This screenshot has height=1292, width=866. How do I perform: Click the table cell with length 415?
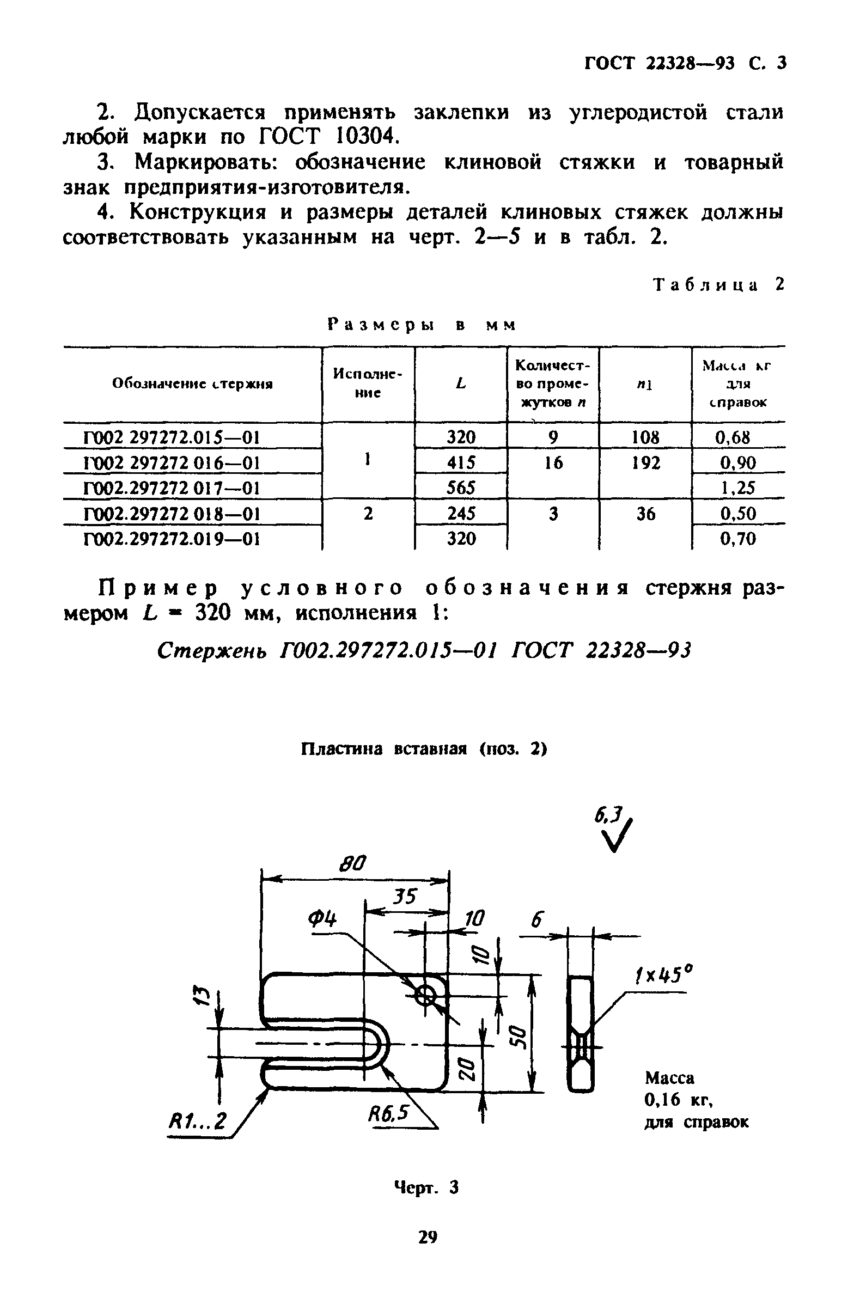point(461,462)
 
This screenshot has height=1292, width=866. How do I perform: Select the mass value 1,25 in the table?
point(738,487)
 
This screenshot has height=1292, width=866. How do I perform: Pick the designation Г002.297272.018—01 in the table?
point(171,514)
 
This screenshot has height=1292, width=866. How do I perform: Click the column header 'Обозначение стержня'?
point(192,384)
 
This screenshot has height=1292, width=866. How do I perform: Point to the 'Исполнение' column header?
point(368,383)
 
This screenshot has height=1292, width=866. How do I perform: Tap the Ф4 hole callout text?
point(322,919)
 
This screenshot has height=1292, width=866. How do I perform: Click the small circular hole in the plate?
point(425,995)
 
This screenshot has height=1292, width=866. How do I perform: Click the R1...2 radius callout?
point(197,1121)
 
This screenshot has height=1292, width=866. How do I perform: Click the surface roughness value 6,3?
point(608,815)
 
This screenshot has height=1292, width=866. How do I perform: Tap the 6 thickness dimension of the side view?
point(537,919)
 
